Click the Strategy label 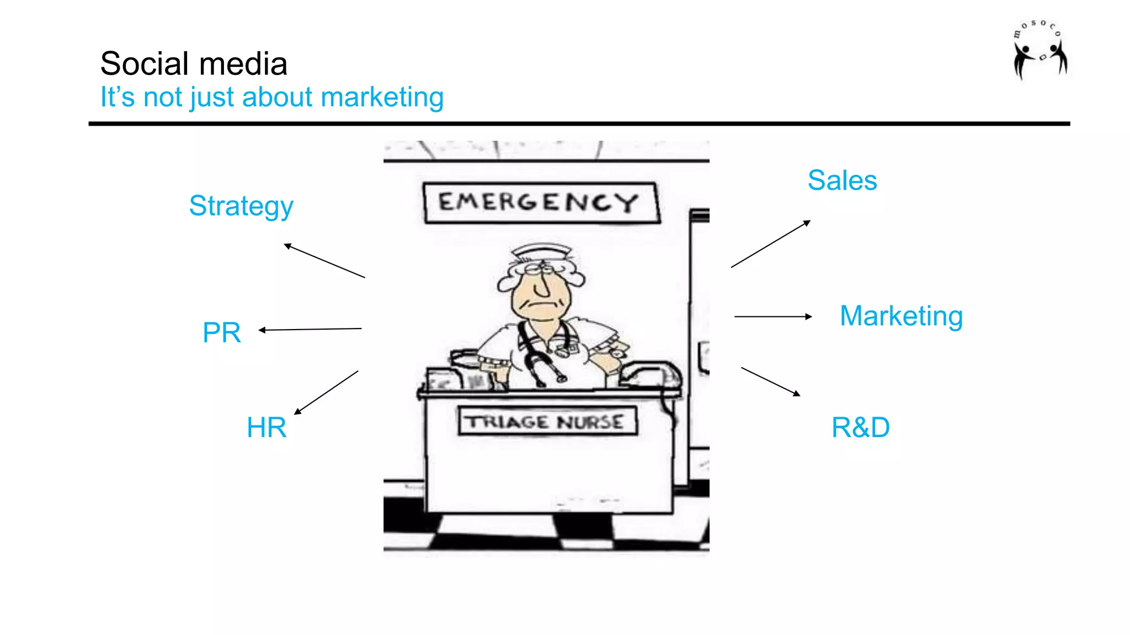tap(241, 206)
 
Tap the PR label tap(221, 332)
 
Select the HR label tap(266, 427)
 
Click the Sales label tap(842, 180)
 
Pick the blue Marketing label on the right tap(901, 316)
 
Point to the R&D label tap(860, 427)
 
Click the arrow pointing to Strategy tap(324, 261)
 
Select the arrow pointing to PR tap(310, 330)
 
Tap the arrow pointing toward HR tap(326, 392)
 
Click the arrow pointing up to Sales tap(770, 244)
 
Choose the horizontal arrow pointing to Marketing tap(772, 316)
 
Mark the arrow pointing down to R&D tap(770, 381)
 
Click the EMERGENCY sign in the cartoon tap(541, 202)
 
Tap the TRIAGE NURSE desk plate tap(547, 422)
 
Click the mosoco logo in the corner tap(1040, 50)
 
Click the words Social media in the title tap(194, 63)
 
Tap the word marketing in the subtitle tap(382, 97)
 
